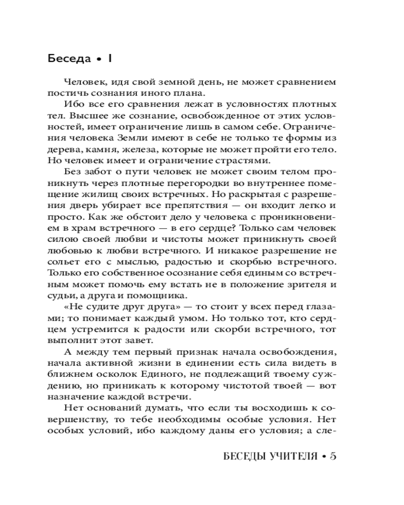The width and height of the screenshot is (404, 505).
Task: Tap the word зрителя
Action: (x=308, y=284)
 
